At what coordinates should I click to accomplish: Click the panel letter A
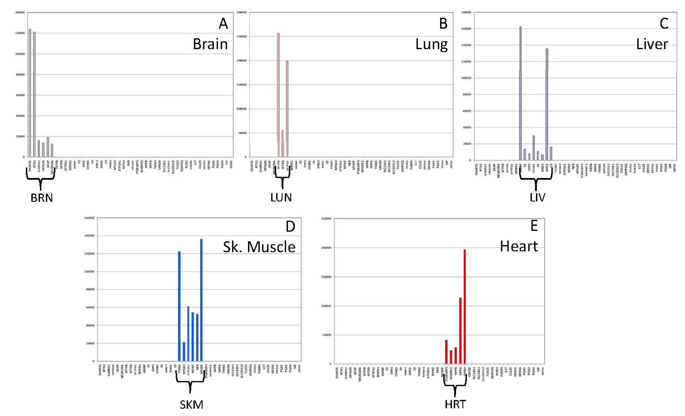[223, 24]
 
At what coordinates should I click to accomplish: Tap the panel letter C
[664, 24]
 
